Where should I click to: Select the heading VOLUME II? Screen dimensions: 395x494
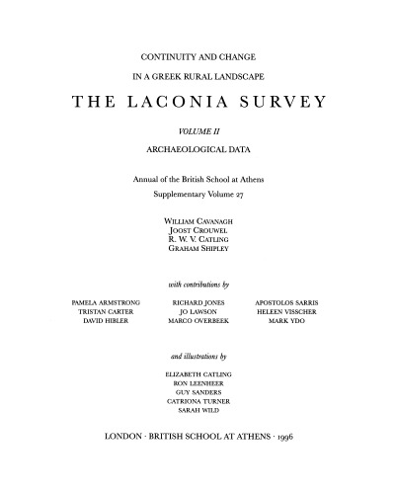197,129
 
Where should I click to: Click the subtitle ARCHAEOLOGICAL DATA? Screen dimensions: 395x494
197,149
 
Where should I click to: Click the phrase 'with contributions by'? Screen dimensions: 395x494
197,283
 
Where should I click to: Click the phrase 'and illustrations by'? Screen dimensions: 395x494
197,356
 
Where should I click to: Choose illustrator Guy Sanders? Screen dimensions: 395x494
197,393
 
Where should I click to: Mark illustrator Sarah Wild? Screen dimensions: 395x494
197,414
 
